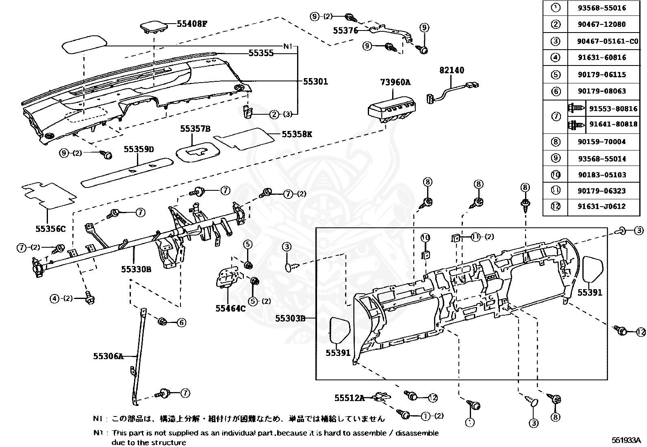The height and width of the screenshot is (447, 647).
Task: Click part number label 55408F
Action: [192, 24]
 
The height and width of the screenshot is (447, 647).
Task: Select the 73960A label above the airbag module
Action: [395, 82]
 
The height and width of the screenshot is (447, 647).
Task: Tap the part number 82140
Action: [452, 70]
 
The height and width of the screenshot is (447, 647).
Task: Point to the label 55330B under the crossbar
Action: [136, 269]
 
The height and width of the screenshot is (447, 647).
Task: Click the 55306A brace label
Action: [108, 356]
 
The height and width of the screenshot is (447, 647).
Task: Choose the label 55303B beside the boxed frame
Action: [290, 318]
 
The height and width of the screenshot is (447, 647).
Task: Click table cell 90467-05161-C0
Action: [608, 41]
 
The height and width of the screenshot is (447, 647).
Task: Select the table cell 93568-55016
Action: [602, 8]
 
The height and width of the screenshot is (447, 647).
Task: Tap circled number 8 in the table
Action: [556, 142]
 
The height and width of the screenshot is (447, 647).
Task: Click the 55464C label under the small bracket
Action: [230, 308]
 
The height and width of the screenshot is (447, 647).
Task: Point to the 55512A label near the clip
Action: [350, 397]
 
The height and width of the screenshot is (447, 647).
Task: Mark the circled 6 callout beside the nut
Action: [181, 323]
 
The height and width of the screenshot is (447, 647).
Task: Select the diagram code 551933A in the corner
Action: [626, 440]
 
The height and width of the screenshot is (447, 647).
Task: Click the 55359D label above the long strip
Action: [139, 149]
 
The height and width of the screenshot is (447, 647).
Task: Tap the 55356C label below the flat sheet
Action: [50, 229]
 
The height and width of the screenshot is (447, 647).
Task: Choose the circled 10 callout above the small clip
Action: [425, 237]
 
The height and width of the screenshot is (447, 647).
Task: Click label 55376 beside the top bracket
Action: [345, 31]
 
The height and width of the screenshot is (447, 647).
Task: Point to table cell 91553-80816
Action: [613, 109]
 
